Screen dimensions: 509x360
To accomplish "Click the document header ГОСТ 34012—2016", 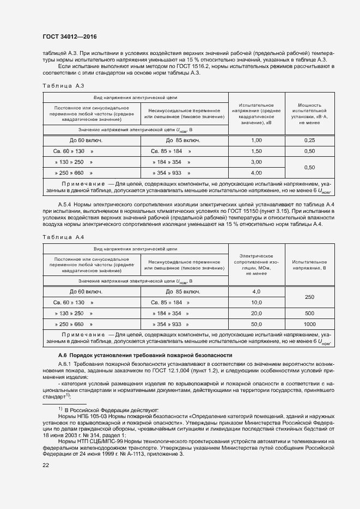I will pyautogui.click(x=65, y=37).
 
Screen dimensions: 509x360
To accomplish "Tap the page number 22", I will pyautogui.click(x=46, y=464).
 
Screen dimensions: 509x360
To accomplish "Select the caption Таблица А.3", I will pyautogui.click(x=63, y=85).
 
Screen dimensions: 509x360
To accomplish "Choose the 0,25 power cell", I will pyautogui.click(x=309, y=140).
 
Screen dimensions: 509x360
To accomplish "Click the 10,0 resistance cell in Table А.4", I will pyautogui.click(x=256, y=302).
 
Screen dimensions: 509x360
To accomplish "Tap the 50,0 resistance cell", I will pyautogui.click(x=256, y=324).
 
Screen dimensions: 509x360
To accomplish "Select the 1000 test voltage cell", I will pyautogui.click(x=309, y=324).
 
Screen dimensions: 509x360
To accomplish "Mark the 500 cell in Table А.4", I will pyautogui.click(x=309, y=313).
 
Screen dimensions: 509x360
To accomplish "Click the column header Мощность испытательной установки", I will pyautogui.click(x=309, y=114).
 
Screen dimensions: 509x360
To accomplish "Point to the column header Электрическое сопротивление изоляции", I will pyautogui.click(x=256, y=265).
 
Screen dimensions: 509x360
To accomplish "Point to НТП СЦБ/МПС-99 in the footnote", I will pyautogui.click(x=95, y=440).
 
